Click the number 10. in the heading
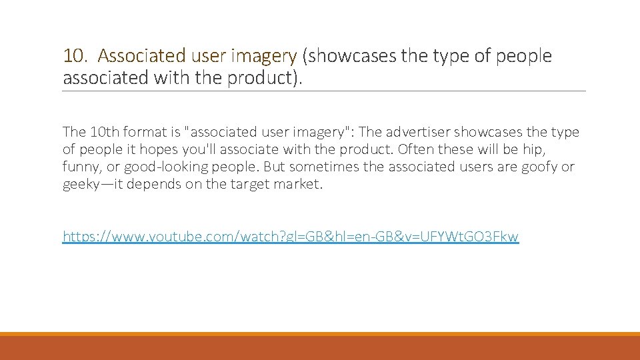pyautogui.click(x=75, y=56)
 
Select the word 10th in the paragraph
pyautogui.click(x=101, y=132)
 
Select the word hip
pyautogui.click(x=533, y=149)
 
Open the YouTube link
pyautogui.click(x=290, y=236)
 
